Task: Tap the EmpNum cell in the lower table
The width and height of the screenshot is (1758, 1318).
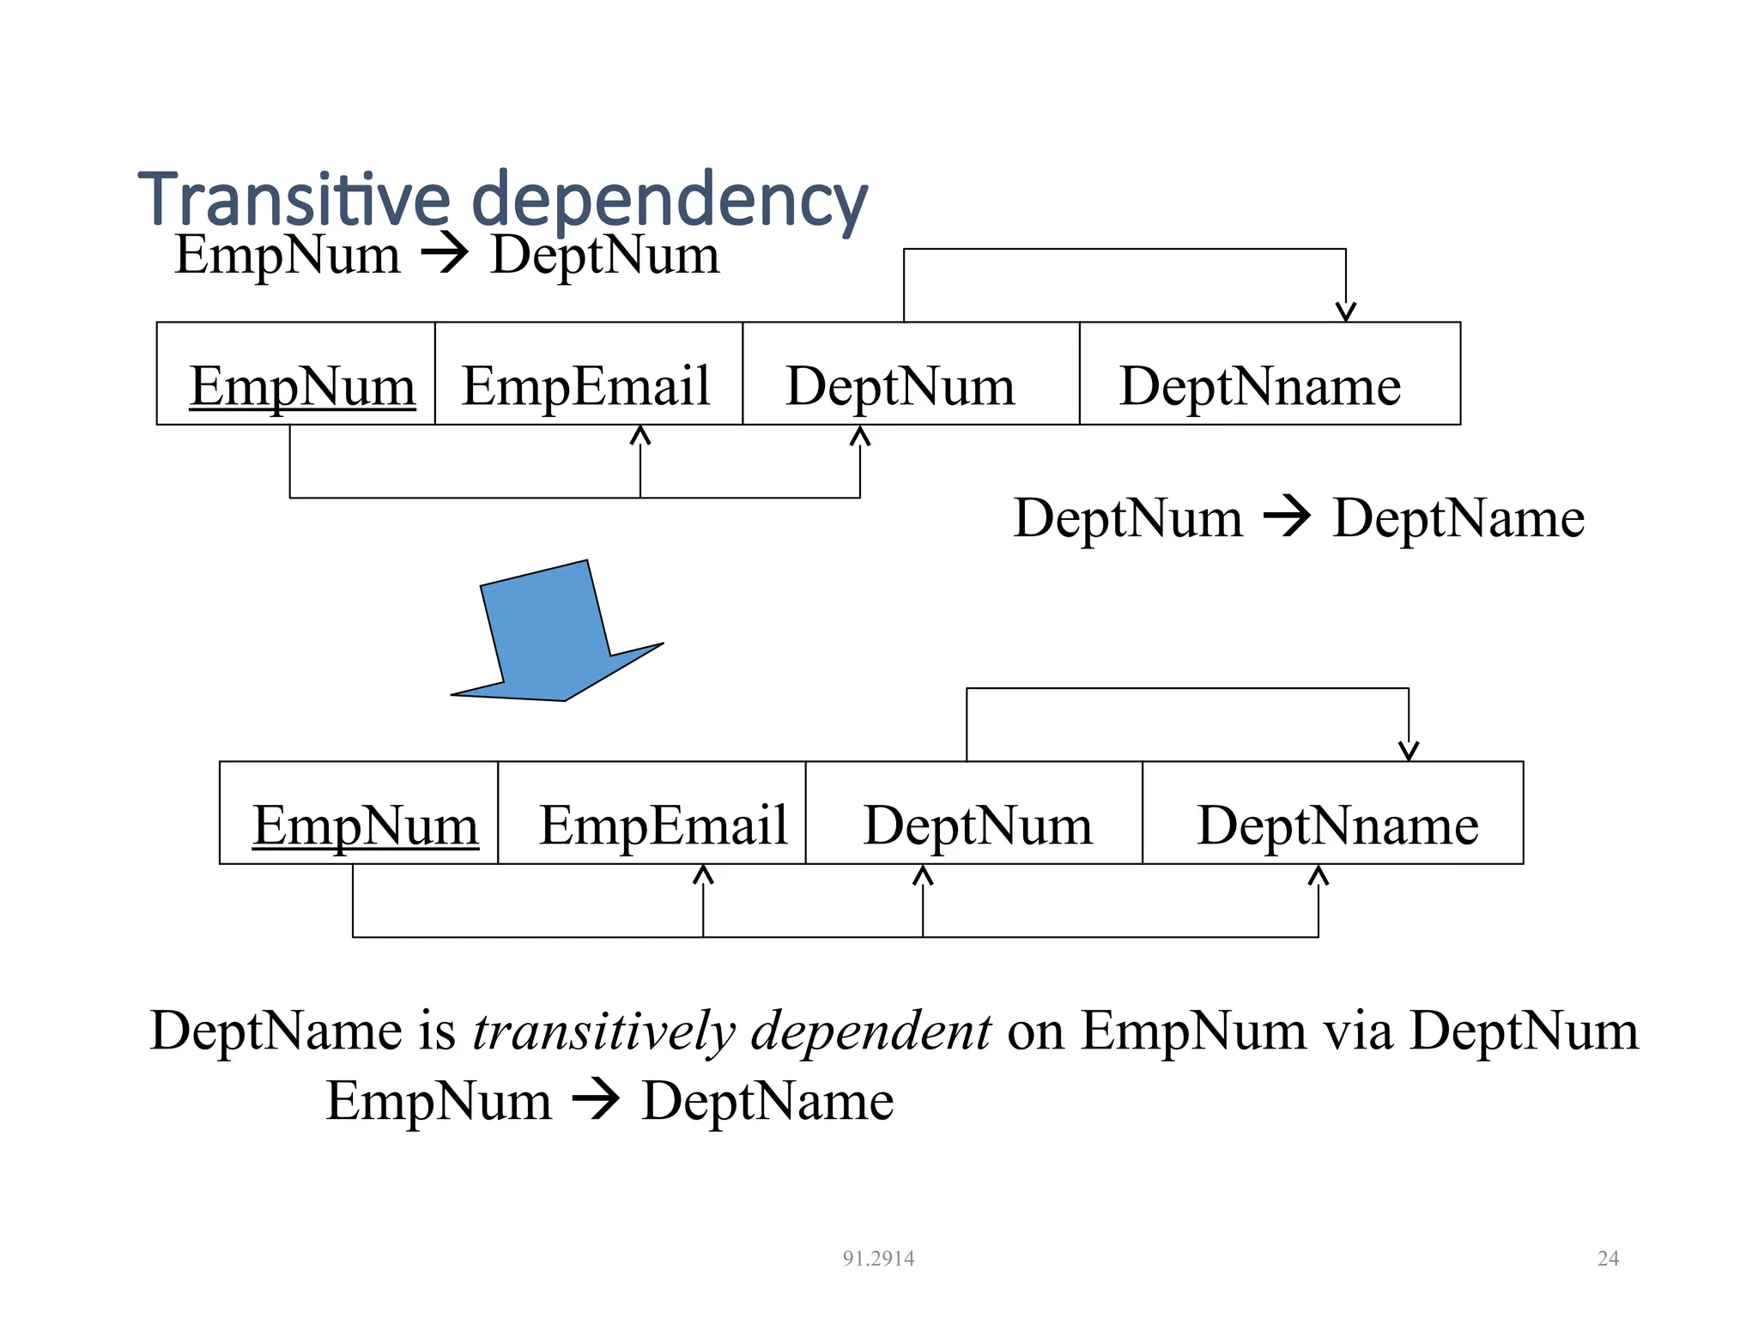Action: [x=359, y=813]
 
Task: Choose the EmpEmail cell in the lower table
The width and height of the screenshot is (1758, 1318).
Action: [x=652, y=813]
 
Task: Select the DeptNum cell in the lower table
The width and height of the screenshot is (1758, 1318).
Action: [x=973, y=813]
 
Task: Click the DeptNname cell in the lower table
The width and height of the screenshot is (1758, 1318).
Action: [x=1332, y=813]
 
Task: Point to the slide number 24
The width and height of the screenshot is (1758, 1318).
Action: [x=1608, y=1258]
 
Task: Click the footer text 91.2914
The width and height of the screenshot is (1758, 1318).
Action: [x=878, y=1258]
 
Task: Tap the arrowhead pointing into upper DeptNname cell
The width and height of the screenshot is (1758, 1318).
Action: [x=1345, y=312]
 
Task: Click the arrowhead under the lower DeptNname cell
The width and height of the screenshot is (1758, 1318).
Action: [x=1318, y=874]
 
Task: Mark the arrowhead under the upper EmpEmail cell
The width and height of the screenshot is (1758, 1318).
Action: [x=640, y=435]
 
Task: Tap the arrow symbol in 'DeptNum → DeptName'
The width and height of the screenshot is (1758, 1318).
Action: [x=1287, y=517]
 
